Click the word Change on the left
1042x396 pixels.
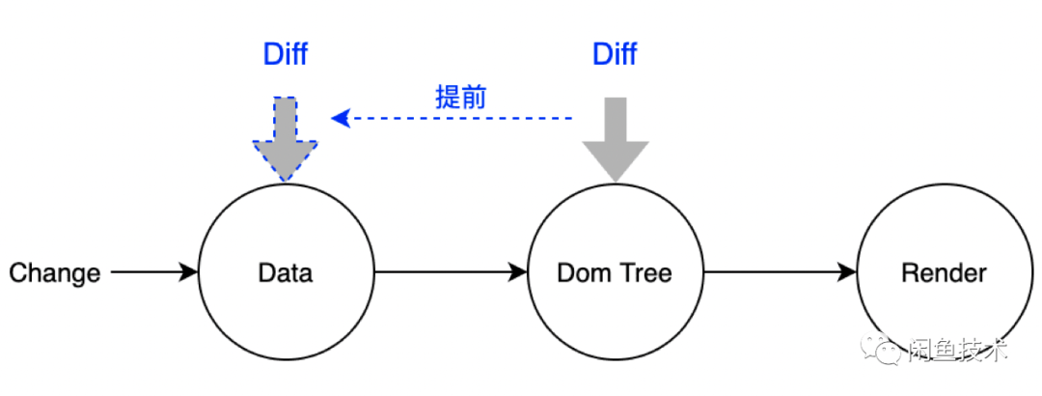tap(55, 273)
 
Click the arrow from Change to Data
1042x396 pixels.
tap(154, 273)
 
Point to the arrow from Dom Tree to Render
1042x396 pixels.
tap(780, 273)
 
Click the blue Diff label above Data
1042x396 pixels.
tap(286, 54)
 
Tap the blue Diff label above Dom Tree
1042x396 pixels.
tap(615, 54)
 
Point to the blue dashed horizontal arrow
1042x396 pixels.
tap(453, 119)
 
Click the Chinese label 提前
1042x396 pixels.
tap(461, 96)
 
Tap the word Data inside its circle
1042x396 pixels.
tap(286, 273)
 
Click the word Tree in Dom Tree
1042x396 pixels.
tap(645, 273)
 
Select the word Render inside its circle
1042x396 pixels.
tap(944, 273)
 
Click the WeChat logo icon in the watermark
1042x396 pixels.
tap(886, 350)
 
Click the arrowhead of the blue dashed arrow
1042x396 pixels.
tap(339, 119)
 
